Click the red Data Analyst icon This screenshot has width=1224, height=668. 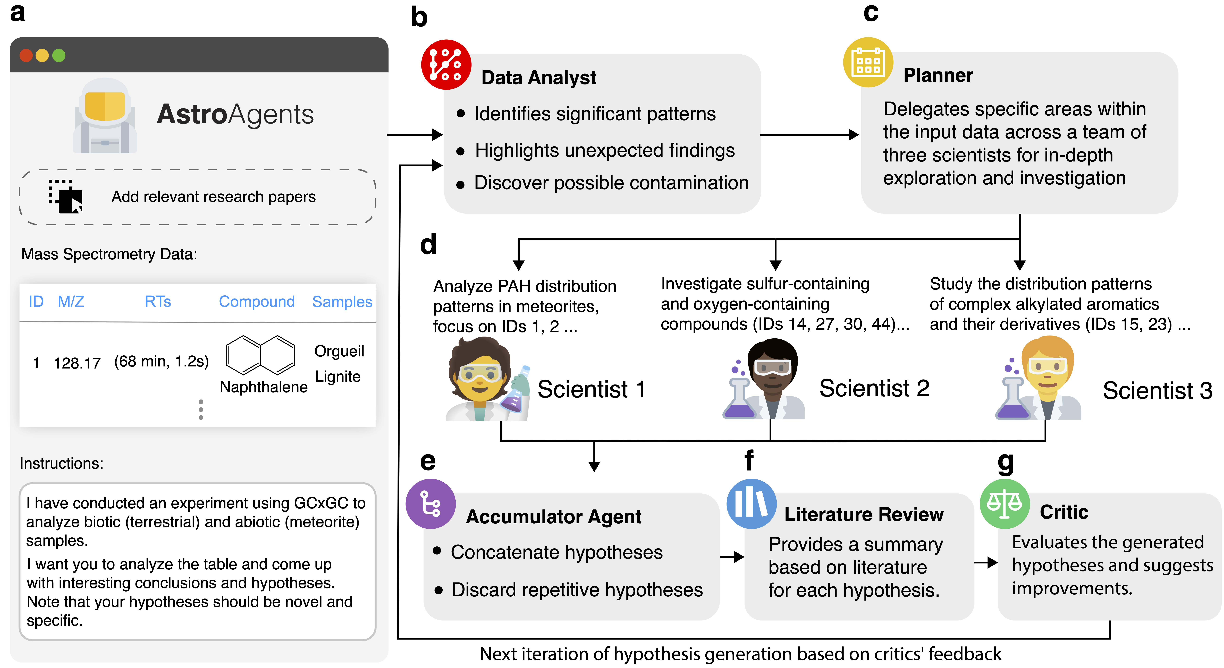(446, 65)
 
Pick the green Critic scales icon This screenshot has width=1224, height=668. (1004, 504)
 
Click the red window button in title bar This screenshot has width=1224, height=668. (26, 56)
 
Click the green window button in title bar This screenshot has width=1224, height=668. (59, 56)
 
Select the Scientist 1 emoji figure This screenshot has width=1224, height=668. (485, 380)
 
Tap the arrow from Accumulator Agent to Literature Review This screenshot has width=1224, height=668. (732, 557)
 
